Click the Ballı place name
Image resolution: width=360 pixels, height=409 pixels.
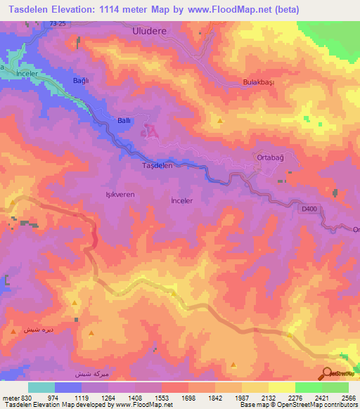(124, 121)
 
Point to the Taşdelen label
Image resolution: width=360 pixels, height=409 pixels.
(157, 166)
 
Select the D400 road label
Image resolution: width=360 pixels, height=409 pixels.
(310, 209)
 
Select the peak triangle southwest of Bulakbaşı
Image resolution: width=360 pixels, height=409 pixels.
(221, 121)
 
